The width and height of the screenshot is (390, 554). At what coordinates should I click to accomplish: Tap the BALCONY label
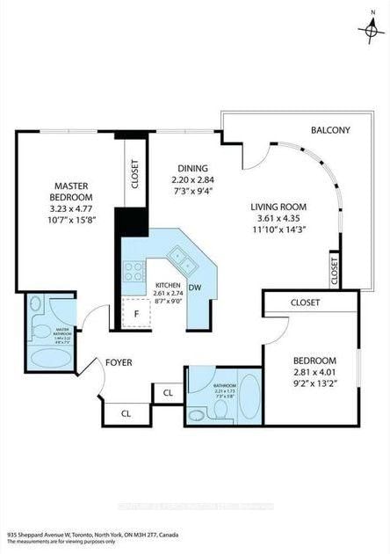point(330,130)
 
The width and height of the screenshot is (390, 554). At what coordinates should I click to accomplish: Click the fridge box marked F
point(137,312)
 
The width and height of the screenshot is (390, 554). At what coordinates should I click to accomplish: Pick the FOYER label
point(119,361)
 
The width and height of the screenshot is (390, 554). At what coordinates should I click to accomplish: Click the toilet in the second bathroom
point(197,413)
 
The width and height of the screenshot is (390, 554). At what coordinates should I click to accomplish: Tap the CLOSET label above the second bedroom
point(305,303)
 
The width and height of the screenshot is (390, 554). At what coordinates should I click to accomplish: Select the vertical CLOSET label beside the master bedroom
point(134,174)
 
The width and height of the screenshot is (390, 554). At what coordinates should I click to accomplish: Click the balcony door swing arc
point(255,155)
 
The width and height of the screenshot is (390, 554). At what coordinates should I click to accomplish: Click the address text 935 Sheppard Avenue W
point(53,533)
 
